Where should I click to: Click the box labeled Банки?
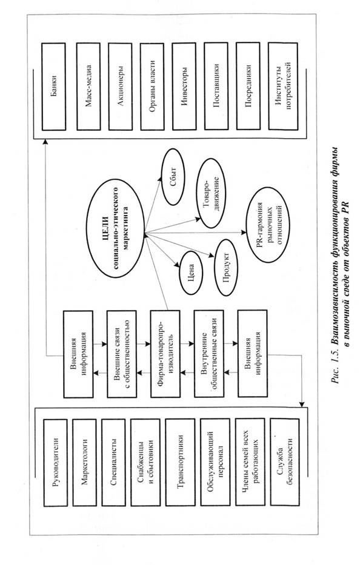(x=54, y=87)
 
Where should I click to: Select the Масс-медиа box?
(x=88, y=87)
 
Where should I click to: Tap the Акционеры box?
(x=121, y=87)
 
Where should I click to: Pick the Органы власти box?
(x=152, y=87)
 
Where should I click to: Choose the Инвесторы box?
(x=184, y=87)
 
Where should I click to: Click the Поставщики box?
(x=216, y=87)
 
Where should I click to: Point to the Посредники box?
(x=248, y=87)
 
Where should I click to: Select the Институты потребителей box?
(x=283, y=87)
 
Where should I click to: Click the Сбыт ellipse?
(x=173, y=177)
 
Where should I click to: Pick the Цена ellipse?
(x=191, y=273)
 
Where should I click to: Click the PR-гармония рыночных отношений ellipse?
(x=268, y=225)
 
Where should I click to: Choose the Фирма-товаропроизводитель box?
(x=165, y=354)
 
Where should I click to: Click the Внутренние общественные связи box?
(x=209, y=354)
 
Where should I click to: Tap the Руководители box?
(x=55, y=463)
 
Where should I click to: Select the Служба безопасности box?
(x=284, y=463)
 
